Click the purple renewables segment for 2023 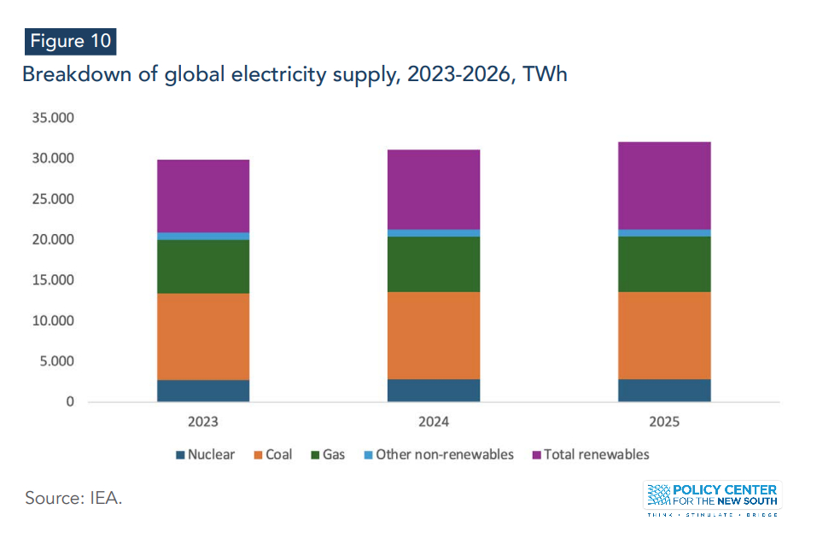click(x=203, y=196)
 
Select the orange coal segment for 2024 click(x=434, y=336)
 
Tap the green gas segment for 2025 click(x=664, y=264)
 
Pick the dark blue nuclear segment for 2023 click(x=203, y=390)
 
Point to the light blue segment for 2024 click(x=434, y=232)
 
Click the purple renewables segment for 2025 click(x=664, y=185)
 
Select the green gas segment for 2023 click(x=203, y=266)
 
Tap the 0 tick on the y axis click(x=71, y=402)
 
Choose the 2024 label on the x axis click(x=434, y=422)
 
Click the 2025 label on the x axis click(x=664, y=422)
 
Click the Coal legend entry click(x=271, y=454)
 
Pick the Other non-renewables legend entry click(x=436, y=454)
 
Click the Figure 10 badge click(x=69, y=41)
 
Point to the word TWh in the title click(x=546, y=75)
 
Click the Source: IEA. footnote click(x=73, y=498)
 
